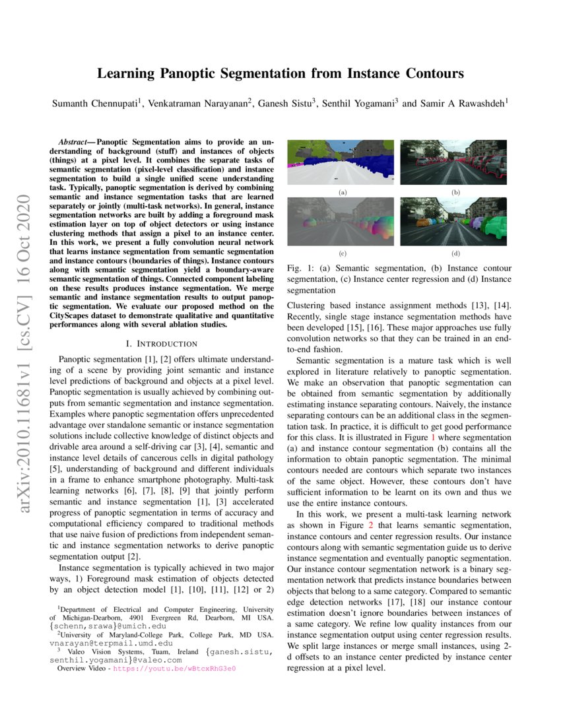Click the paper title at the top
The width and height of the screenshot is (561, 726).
pyautogui.click(x=280, y=74)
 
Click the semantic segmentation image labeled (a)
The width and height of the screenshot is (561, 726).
pyautogui.click(x=341, y=162)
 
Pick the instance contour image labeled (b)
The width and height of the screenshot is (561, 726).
pyautogui.click(x=453, y=162)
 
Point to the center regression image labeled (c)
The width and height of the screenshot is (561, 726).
pyautogui.click(x=341, y=222)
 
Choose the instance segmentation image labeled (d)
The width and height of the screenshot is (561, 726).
pyautogui.click(x=453, y=222)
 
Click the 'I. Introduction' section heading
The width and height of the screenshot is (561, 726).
pyautogui.click(x=161, y=344)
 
